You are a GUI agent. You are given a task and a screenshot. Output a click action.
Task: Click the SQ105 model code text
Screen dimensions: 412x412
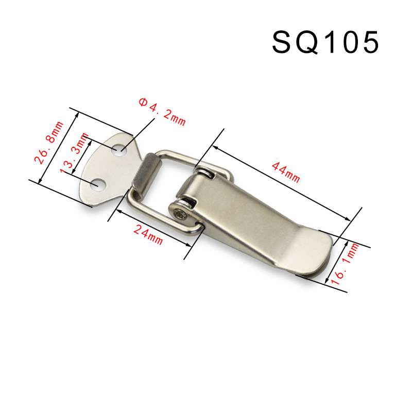[x=325, y=42]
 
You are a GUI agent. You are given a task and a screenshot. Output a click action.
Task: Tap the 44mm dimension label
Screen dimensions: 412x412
[x=286, y=173]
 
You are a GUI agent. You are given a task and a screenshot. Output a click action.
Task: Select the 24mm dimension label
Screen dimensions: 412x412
[x=148, y=235]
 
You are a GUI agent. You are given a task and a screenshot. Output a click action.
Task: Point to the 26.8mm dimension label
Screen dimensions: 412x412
[x=49, y=143]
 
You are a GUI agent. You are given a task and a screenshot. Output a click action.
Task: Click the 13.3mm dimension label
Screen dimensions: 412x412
[x=74, y=153]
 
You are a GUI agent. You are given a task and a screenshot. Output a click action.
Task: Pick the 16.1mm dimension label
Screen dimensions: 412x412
[x=345, y=264]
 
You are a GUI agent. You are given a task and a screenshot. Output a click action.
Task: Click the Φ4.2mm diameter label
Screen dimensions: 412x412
[x=162, y=112]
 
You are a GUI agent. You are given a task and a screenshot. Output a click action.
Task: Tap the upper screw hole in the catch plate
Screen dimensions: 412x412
[x=119, y=150]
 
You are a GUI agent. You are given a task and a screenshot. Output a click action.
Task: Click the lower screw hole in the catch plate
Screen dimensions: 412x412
[x=98, y=185]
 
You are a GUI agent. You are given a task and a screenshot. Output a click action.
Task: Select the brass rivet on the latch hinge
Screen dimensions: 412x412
[x=182, y=215]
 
